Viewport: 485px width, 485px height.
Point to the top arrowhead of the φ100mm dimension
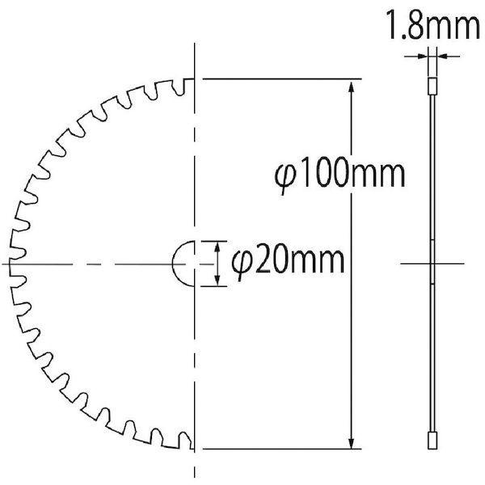pos(352,86)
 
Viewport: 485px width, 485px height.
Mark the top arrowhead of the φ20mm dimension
pos(216,245)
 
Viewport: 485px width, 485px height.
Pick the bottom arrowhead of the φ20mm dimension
pos(216,281)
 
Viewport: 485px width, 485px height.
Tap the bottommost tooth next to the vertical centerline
pos(185,443)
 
